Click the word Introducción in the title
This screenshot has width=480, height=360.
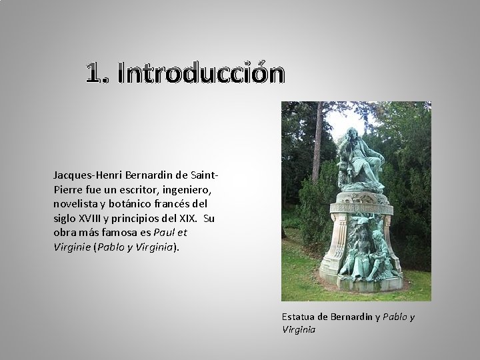point(201,74)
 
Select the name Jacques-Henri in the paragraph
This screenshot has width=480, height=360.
point(85,175)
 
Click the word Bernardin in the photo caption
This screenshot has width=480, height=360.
point(352,317)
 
